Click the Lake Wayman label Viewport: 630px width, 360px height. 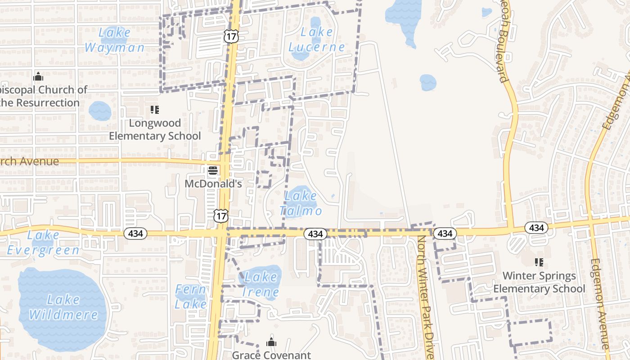pyautogui.click(x=114, y=40)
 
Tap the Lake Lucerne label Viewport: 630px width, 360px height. pyautogui.click(x=317, y=40)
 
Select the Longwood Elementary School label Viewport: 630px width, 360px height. pyautogui.click(x=155, y=129)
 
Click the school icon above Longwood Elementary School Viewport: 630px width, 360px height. pyautogui.click(x=155, y=110)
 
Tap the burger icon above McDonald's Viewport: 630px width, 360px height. pyautogui.click(x=213, y=171)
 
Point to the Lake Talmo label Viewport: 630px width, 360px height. pyautogui.click(x=301, y=203)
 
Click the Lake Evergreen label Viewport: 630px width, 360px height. pyautogui.click(x=43, y=243)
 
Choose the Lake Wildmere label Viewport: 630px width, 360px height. pyautogui.click(x=63, y=307)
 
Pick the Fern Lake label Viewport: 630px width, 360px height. pyautogui.click(x=190, y=297)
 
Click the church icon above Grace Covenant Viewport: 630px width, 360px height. pyautogui.click(x=271, y=342)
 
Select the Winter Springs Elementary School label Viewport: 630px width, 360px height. pyautogui.click(x=539, y=282)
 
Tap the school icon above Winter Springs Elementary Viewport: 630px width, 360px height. pyautogui.click(x=539, y=262)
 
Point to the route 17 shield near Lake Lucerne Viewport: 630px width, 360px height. pyautogui.click(x=230, y=36)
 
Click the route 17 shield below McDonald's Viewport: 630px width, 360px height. pyautogui.click(x=221, y=216)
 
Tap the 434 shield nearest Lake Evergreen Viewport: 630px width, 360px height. pyautogui.click(x=135, y=233)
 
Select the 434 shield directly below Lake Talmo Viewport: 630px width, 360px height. pyautogui.click(x=315, y=234)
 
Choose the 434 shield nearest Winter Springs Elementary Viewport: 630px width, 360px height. pyautogui.click(x=536, y=228)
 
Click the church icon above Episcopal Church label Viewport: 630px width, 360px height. pyautogui.click(x=38, y=76)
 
